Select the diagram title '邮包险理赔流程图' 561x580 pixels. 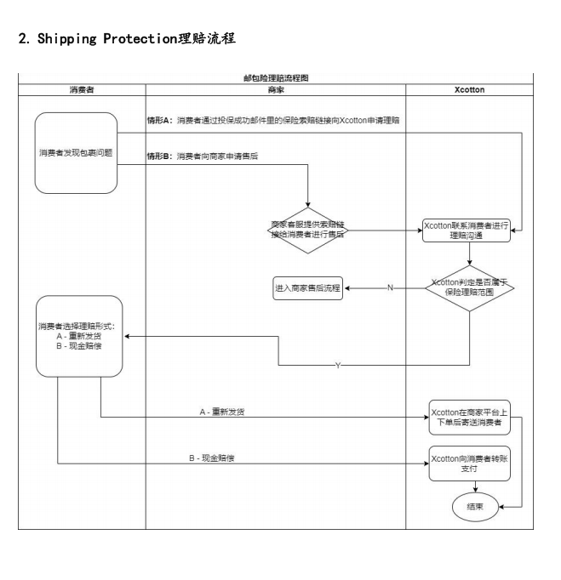276,77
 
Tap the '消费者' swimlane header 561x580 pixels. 82,88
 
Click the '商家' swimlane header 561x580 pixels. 276,88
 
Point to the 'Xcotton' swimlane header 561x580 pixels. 469,88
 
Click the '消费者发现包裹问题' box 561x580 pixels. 76,153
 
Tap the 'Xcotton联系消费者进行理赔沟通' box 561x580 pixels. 467,230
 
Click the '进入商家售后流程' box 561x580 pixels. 307,287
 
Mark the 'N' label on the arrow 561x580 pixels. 390,287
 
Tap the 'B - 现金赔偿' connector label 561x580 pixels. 211,458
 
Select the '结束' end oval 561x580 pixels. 474,506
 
